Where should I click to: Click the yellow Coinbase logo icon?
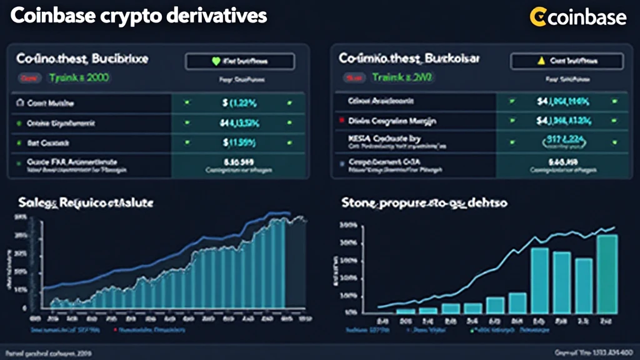coord(538,17)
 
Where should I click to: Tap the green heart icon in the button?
coord(217,61)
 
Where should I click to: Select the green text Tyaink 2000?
coord(71,78)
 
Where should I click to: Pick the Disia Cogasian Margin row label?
coord(393,121)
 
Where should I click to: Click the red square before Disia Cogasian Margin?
coord(340,119)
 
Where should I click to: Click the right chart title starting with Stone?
coord(424,203)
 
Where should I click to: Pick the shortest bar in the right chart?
coord(406,310)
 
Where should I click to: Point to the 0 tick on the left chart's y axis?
coord(24,308)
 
